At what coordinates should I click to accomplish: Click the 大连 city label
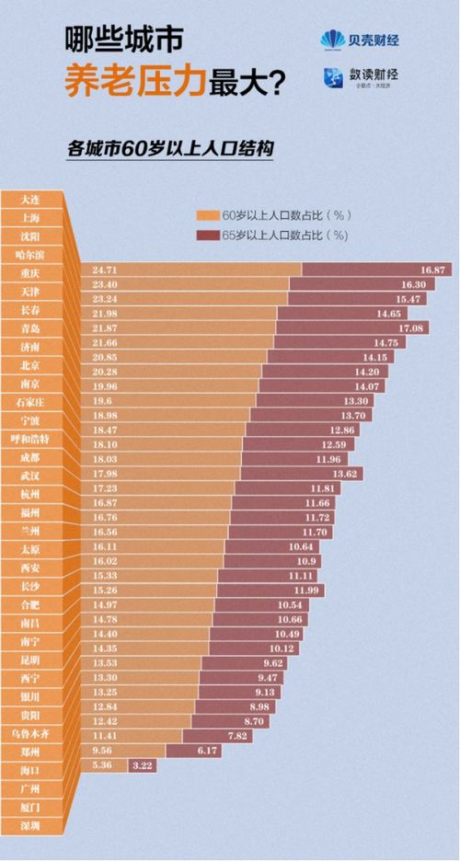(x=29, y=200)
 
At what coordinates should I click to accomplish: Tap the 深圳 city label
(x=29, y=826)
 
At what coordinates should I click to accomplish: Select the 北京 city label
(x=29, y=365)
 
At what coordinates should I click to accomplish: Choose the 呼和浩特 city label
(x=29, y=439)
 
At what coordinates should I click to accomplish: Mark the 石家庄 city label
(x=29, y=402)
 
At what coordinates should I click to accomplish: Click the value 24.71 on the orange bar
(x=105, y=270)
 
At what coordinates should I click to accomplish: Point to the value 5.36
(x=102, y=764)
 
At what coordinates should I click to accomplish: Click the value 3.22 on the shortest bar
(x=143, y=764)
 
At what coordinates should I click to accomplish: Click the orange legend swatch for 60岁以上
(x=208, y=214)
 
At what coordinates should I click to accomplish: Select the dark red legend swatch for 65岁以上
(x=208, y=235)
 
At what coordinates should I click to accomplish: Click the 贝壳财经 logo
(x=360, y=40)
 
